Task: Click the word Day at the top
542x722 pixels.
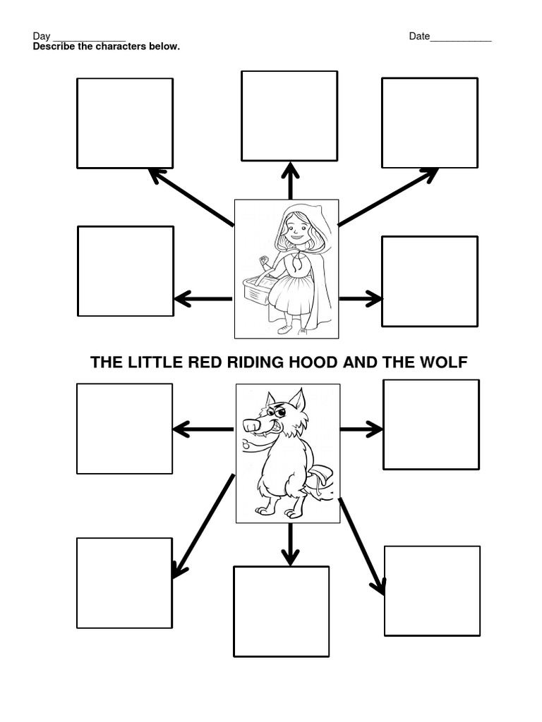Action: [x=42, y=37]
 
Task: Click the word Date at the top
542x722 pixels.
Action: [x=419, y=37]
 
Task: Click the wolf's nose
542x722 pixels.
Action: [x=250, y=425]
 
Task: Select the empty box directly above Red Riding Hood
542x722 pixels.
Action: [x=289, y=116]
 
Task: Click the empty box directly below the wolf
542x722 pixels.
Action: [x=281, y=611]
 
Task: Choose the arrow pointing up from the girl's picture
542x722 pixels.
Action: [x=289, y=180]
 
